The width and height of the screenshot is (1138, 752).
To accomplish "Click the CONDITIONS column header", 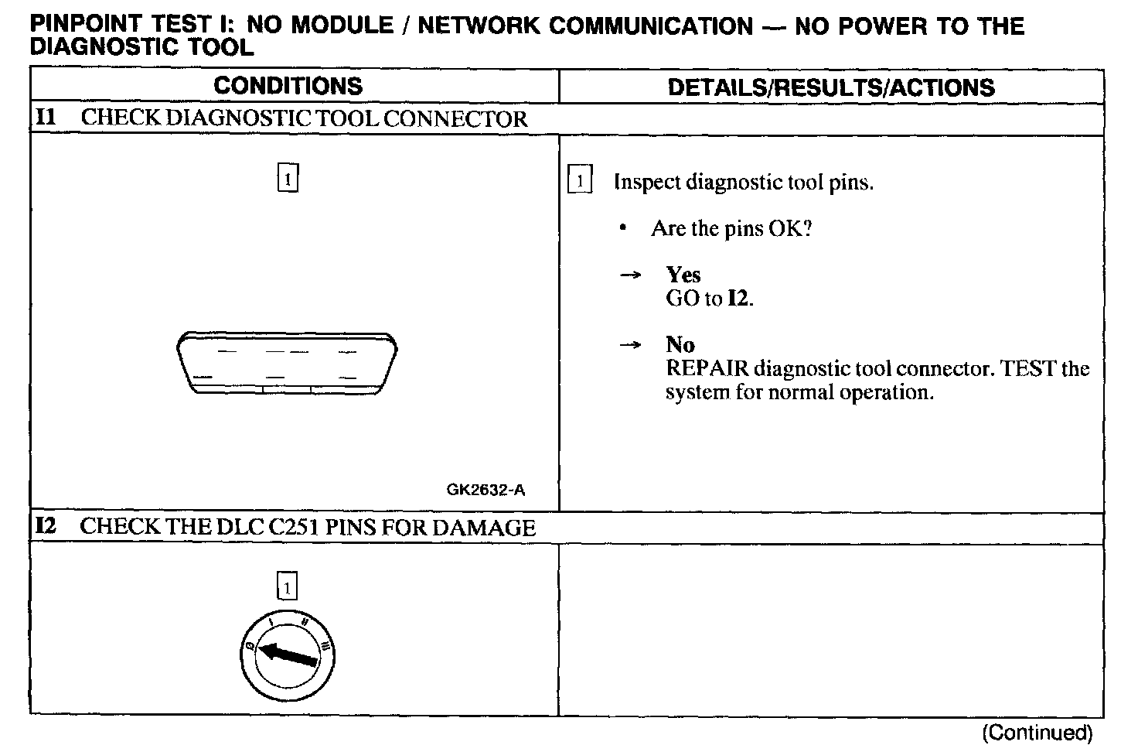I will pyautogui.click(x=288, y=86).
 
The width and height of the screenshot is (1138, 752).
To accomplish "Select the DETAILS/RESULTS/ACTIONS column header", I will pyautogui.click(x=831, y=87).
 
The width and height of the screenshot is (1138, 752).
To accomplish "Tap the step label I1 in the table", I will pyautogui.click(x=46, y=118).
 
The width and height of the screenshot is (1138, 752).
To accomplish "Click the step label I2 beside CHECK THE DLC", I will pyautogui.click(x=46, y=527).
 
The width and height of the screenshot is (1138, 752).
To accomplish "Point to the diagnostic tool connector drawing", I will pyautogui.click(x=287, y=363).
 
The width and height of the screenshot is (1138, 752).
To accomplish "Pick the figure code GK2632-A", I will pyautogui.click(x=486, y=490).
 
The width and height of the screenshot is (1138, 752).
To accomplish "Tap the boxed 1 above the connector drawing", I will pyautogui.click(x=288, y=179).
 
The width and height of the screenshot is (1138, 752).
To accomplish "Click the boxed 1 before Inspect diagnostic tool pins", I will pyautogui.click(x=580, y=182).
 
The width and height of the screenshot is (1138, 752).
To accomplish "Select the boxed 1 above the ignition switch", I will pyautogui.click(x=287, y=587).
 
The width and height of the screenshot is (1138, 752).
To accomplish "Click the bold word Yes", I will pyautogui.click(x=683, y=275).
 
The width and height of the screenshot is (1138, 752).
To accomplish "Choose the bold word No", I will pyautogui.click(x=680, y=344).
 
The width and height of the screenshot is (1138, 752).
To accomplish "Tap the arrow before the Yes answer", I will pyautogui.click(x=632, y=275).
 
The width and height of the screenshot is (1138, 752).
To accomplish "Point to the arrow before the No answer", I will pyautogui.click(x=632, y=345).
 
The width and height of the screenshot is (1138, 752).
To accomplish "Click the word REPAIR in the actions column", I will pyautogui.click(x=707, y=368).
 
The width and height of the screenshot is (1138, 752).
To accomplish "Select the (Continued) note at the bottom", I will pyautogui.click(x=1037, y=733).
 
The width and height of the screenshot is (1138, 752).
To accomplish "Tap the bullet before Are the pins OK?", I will pyautogui.click(x=622, y=228).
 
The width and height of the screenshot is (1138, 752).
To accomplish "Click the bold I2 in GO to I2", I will pyautogui.click(x=738, y=299).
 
